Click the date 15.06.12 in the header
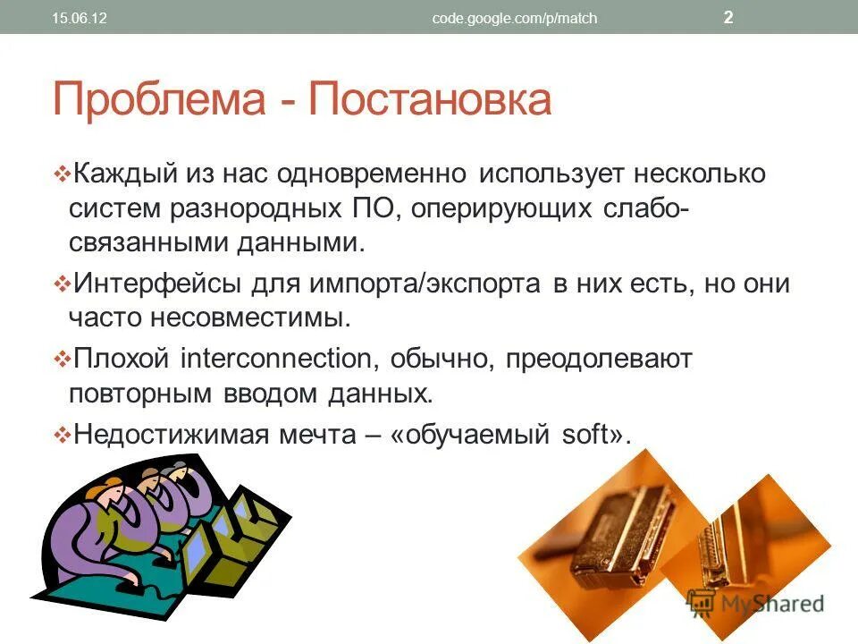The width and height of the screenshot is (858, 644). [x=80, y=18]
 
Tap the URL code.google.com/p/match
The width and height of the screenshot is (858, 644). [x=514, y=18]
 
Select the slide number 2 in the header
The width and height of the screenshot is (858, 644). [x=728, y=17]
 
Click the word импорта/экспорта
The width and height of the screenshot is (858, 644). [x=424, y=284]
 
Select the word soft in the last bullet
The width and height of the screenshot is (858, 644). [x=585, y=434]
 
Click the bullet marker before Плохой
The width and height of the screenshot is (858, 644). [x=62, y=360]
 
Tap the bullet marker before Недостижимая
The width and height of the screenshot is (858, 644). [x=62, y=435]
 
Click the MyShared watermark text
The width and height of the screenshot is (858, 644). [x=770, y=603]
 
